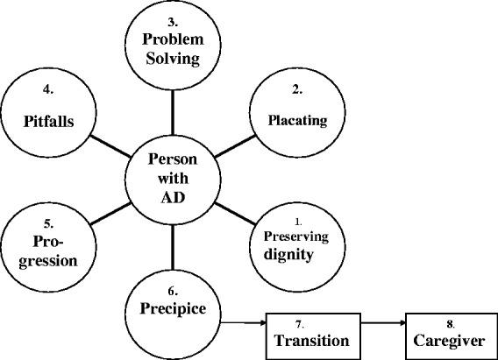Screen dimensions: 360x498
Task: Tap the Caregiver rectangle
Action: click(448, 333)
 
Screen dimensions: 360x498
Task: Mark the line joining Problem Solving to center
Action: click(173, 110)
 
